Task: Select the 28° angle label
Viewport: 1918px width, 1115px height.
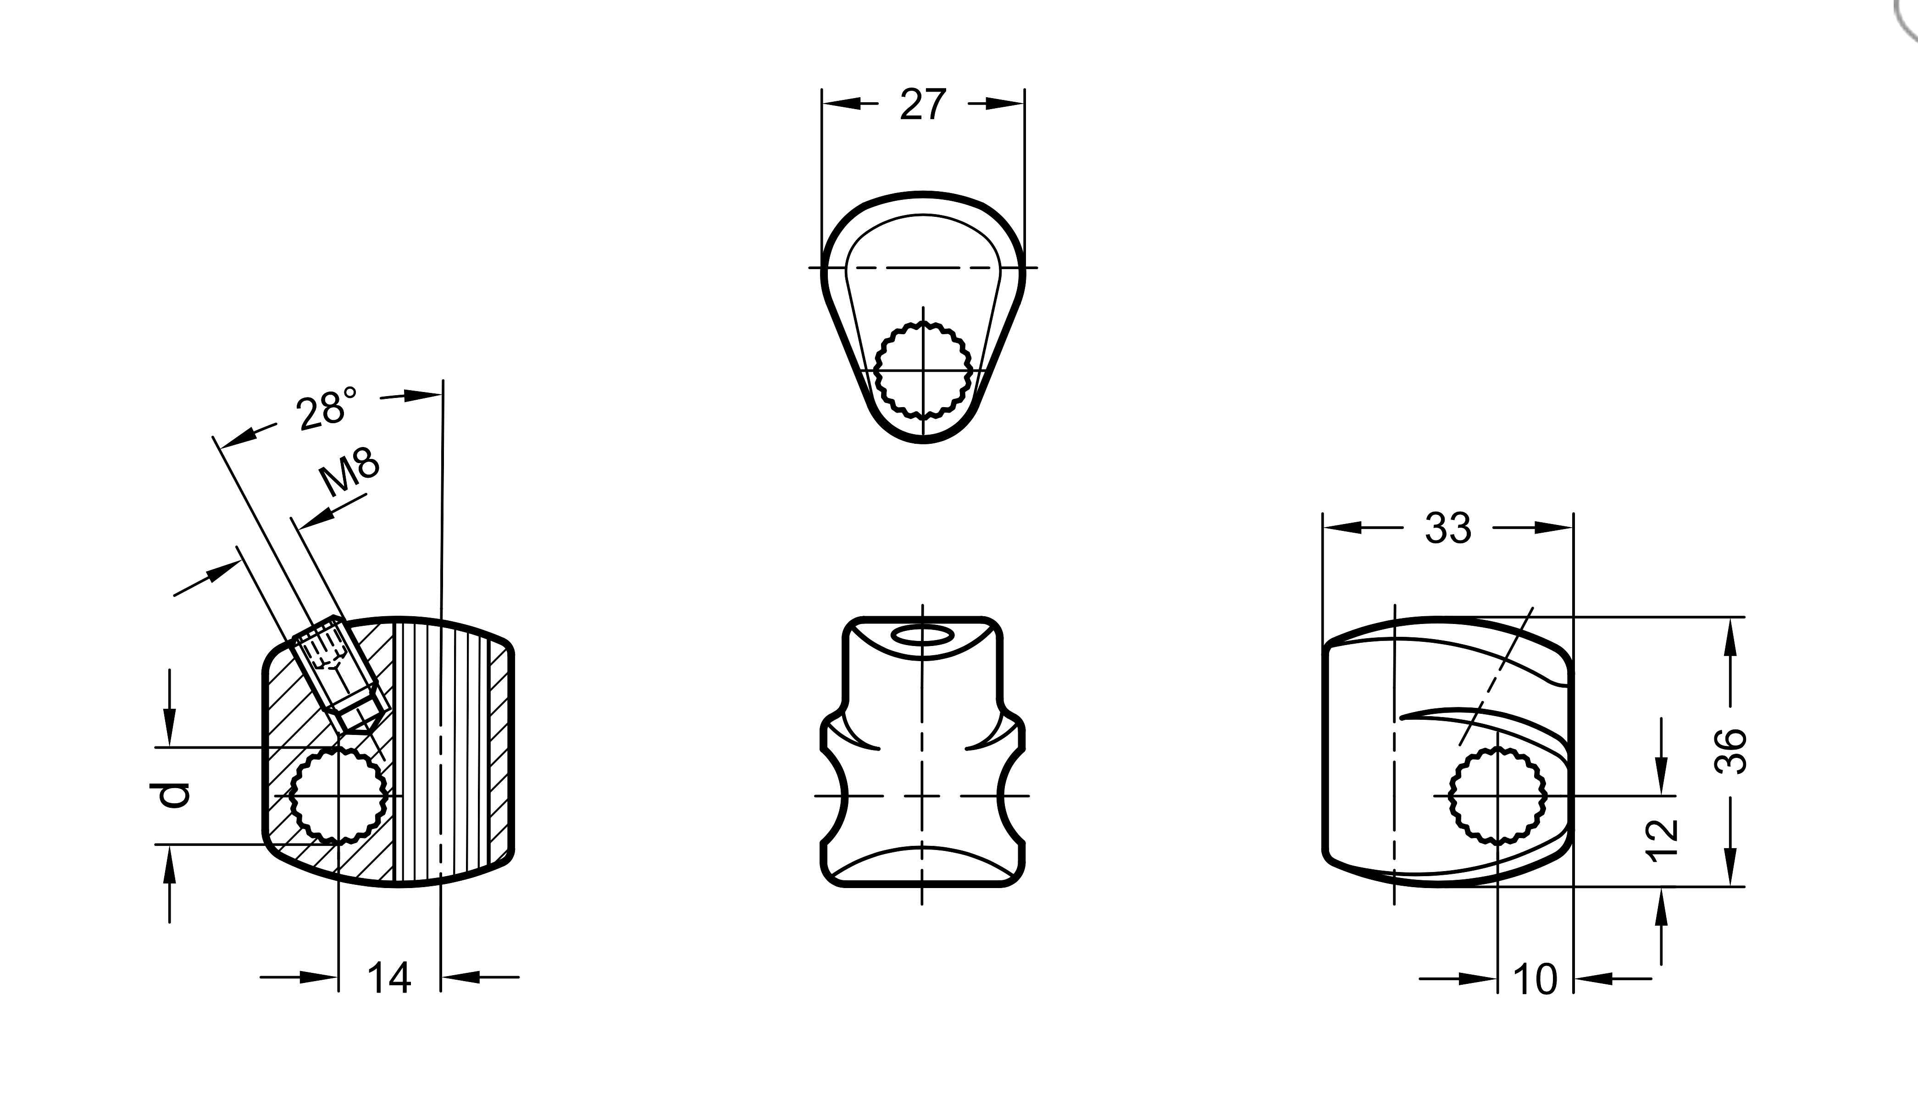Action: (327, 408)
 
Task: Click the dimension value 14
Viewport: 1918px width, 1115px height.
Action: (389, 977)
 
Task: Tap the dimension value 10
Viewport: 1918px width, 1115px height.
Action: (1535, 980)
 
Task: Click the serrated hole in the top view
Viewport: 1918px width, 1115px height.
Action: (923, 370)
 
